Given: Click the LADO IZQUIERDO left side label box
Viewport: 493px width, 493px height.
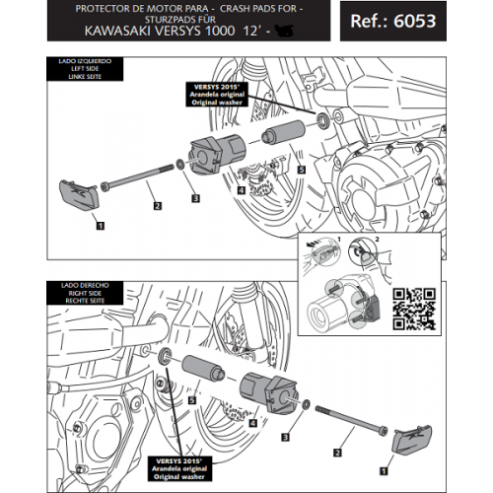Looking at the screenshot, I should click(x=72, y=72).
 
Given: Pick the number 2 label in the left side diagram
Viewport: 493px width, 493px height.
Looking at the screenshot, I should click(x=157, y=206).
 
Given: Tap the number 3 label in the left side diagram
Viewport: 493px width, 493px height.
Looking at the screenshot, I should click(x=195, y=198).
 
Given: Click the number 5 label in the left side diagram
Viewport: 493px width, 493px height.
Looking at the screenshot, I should click(x=301, y=170).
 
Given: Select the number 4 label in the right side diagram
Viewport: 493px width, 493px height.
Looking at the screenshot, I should click(x=253, y=422).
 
